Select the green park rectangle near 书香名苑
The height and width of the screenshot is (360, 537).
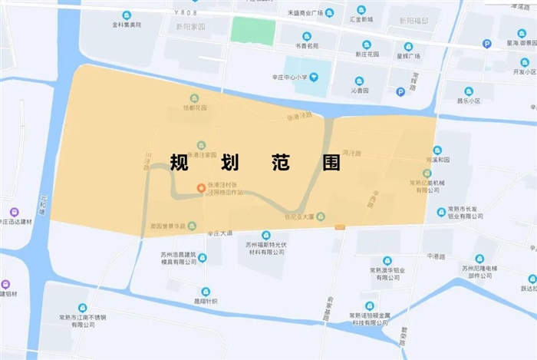point(253,31)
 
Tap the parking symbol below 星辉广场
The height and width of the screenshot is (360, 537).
point(400,92)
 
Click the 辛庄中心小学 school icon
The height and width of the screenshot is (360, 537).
point(315,77)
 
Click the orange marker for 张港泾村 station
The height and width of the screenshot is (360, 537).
point(201,187)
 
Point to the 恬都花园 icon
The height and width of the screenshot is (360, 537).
point(194,97)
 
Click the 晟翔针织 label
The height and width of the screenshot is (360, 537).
point(205,301)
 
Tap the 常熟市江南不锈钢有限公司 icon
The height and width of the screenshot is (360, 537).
point(83,308)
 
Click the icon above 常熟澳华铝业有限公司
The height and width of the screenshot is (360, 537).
point(387,261)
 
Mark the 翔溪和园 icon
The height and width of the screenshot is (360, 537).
point(437,150)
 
